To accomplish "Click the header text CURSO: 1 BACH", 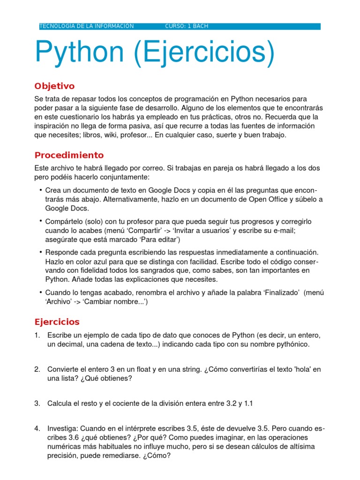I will coord(187,26).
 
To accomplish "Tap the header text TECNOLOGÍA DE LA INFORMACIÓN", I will coord(87,26).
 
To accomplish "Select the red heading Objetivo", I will coord(54,86).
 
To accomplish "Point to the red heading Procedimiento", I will coord(69,155).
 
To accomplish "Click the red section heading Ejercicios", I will coord(57,322).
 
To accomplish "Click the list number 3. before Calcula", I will coord(37,404).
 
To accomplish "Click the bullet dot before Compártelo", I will coord(41,221).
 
